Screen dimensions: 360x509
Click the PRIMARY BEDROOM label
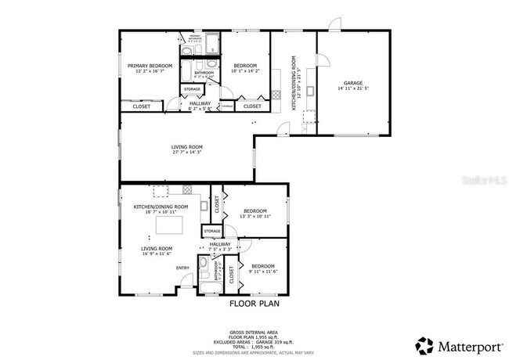pyautogui.click(x=149, y=66)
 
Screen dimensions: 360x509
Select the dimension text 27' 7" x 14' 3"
pyautogui.click(x=187, y=153)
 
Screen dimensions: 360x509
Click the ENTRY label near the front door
pyautogui.click(x=182, y=268)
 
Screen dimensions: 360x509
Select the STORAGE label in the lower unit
pyautogui.click(x=211, y=232)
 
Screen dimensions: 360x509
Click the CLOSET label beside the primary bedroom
pyautogui.click(x=142, y=106)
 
